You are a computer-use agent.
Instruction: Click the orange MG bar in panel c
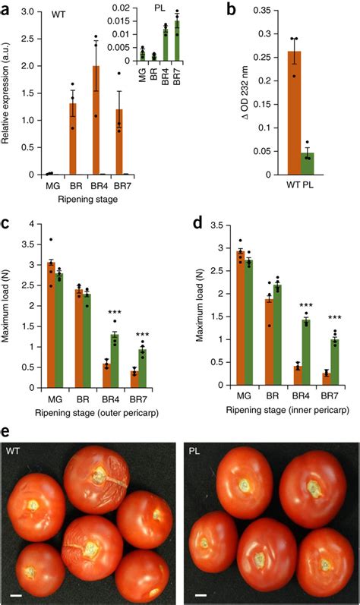(x=51, y=319)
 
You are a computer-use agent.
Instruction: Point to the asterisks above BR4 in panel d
(x=305, y=308)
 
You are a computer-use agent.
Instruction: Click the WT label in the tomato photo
(x=14, y=450)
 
